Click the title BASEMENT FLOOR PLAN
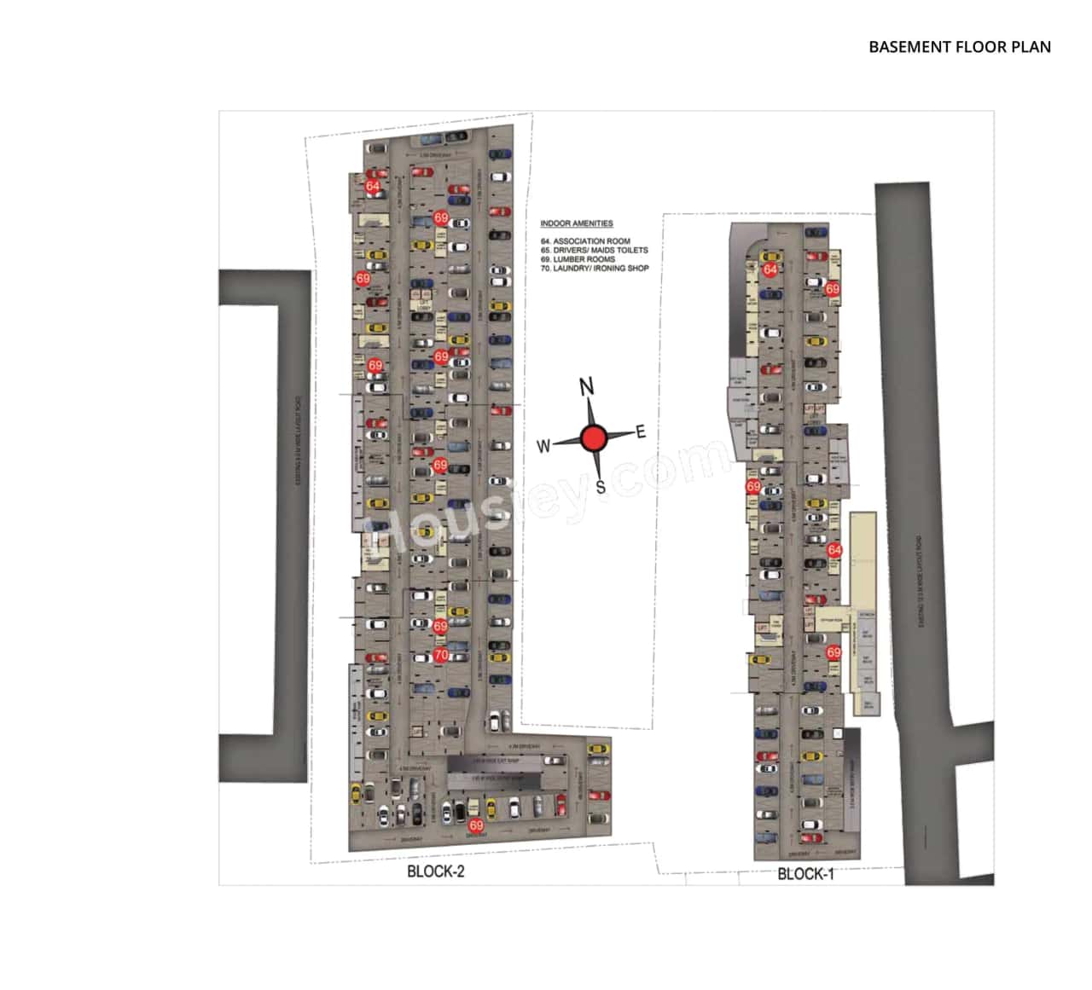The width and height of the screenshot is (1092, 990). [960, 47]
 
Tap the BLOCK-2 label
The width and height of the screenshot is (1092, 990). [436, 871]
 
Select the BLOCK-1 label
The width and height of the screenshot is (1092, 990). [805, 873]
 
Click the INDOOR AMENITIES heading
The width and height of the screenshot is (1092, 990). [577, 223]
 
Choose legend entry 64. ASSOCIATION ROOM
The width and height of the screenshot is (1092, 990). [585, 241]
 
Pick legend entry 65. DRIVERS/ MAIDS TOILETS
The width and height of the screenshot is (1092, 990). [594, 251]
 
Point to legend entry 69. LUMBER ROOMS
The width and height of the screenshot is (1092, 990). [578, 259]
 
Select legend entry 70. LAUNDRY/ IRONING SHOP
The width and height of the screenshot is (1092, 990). [594, 268]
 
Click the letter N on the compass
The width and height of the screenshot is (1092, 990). [587, 386]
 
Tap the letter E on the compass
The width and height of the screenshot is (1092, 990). [641, 431]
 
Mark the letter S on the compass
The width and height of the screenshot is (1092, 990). [601, 487]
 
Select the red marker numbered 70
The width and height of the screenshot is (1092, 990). [440, 655]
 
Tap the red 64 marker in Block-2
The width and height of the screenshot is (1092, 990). [373, 186]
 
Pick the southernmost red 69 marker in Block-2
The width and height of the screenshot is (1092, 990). [476, 825]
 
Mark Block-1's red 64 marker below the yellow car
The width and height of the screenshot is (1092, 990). [770, 269]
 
